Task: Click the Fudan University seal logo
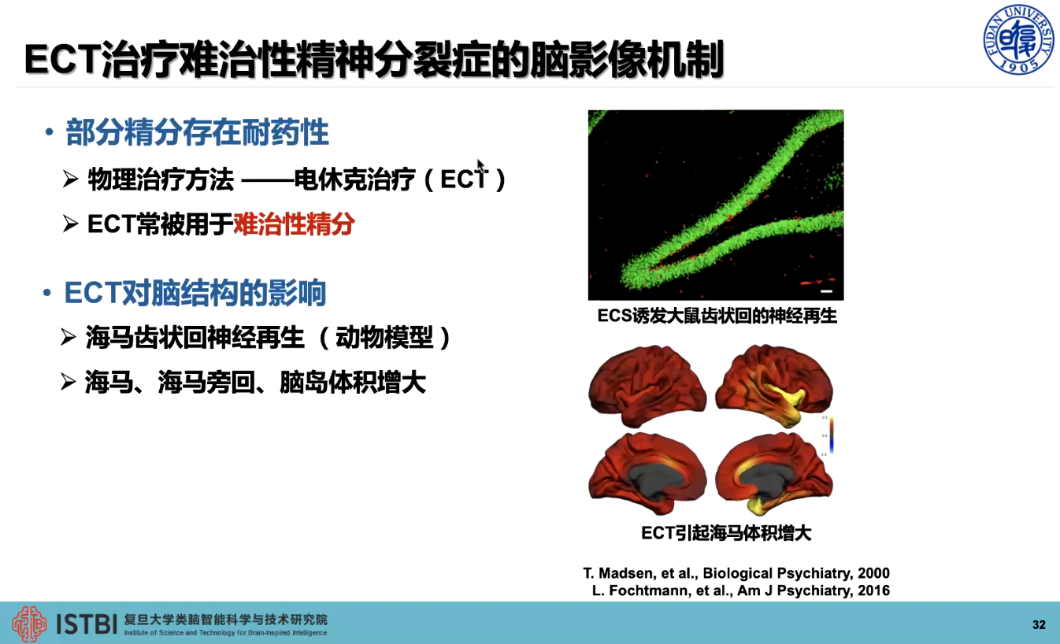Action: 1018,39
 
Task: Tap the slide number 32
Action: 1039,624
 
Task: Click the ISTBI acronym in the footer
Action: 87,624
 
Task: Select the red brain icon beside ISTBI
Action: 29,624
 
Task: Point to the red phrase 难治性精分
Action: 294,224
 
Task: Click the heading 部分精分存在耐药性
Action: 197,132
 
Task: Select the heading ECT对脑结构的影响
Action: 195,293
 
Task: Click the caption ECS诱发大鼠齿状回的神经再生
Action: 717,316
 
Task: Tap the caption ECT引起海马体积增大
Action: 726,533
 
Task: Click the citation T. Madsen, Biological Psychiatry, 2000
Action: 736,573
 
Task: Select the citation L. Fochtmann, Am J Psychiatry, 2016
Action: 740,590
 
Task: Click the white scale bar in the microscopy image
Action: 826,291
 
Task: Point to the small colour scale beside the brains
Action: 831,435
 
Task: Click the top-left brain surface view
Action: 647,386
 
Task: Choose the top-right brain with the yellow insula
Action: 774,386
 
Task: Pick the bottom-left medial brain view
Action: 647,473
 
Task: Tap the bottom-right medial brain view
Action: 774,473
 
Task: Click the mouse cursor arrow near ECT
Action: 481,167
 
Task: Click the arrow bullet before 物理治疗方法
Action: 71,179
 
